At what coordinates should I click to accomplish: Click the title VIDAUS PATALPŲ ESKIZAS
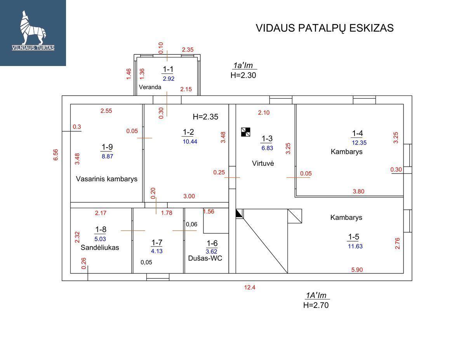[324, 28]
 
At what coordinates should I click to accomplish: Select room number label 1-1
[168, 69]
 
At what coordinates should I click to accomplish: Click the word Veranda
[150, 87]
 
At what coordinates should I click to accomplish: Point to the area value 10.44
[190, 142]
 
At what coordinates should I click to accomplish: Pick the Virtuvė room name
[263, 163]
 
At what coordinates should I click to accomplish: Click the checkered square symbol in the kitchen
[245, 132]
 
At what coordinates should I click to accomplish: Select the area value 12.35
[359, 143]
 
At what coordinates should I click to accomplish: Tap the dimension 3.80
[358, 191]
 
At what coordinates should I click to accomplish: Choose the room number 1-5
[353, 237]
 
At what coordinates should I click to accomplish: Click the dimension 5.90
[356, 270]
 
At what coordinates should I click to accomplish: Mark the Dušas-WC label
[205, 258]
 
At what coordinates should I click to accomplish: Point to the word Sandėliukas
[100, 247]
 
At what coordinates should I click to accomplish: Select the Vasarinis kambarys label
[107, 179]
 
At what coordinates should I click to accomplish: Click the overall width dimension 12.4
[249, 287]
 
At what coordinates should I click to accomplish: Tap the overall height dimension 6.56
[56, 155]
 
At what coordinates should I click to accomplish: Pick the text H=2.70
[316, 305]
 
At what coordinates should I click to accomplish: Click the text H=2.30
[243, 75]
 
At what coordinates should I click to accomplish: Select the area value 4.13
[157, 251]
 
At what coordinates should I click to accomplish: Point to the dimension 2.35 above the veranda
[188, 50]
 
